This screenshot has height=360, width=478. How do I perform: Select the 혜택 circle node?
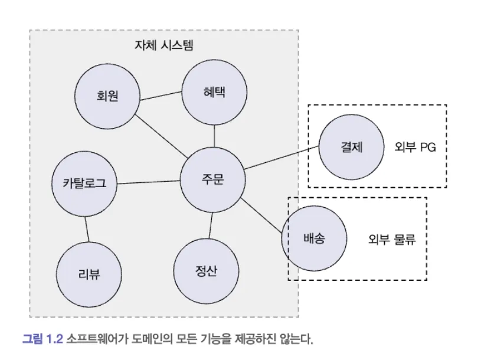pos(214,93)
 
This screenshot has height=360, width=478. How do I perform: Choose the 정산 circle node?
pos(206,271)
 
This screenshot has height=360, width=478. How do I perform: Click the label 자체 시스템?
pos(164,45)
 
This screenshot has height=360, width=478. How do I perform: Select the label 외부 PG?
pos(415,148)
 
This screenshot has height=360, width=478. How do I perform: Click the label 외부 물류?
pos(392,240)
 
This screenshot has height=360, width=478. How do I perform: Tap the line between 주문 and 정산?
pos(209,225)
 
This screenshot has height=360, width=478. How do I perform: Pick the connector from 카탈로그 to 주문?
pos(149,182)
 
